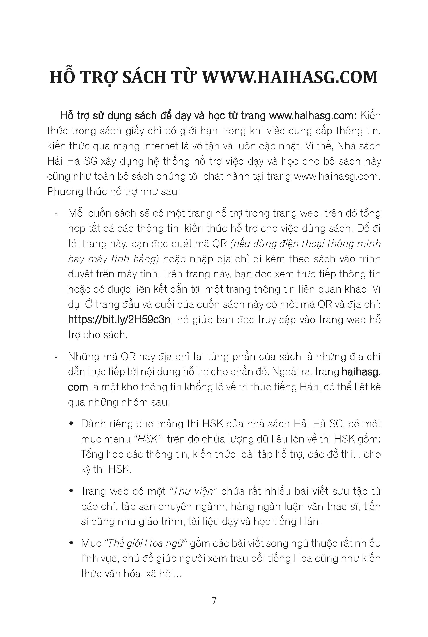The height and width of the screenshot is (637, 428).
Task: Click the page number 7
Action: pyautogui.click(x=214, y=601)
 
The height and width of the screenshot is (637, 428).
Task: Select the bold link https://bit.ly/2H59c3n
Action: pyautogui.click(x=120, y=319)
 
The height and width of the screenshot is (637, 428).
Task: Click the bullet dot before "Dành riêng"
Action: pyautogui.click(x=72, y=424)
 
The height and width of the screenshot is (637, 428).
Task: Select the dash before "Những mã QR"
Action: pyautogui.click(x=56, y=357)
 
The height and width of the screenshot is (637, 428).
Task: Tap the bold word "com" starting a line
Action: pyautogui.click(x=78, y=387)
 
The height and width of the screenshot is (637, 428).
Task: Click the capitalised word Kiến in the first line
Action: pyautogui.click(x=370, y=116)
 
